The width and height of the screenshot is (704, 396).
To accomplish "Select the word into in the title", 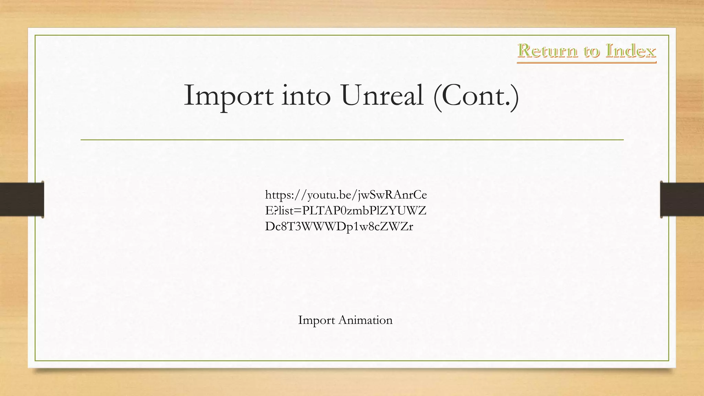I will click(x=306, y=96).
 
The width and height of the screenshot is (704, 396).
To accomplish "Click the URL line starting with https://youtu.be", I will click(x=346, y=195).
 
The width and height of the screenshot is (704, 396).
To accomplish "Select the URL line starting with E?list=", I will click(x=345, y=210).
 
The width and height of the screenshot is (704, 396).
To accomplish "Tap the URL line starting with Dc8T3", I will click(x=339, y=226).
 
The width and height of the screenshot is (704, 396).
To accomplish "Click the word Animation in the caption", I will click(x=365, y=320).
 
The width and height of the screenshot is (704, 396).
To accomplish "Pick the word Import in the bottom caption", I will click(x=316, y=320).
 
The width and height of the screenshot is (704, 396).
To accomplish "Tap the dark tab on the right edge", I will click(x=682, y=199).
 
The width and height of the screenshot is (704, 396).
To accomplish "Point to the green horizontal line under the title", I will click(x=352, y=140).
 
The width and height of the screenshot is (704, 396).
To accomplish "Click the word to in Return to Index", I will click(x=591, y=52).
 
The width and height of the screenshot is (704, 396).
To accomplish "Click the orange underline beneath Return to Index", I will click(x=586, y=62).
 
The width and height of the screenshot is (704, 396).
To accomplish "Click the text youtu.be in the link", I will click(x=330, y=195).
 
